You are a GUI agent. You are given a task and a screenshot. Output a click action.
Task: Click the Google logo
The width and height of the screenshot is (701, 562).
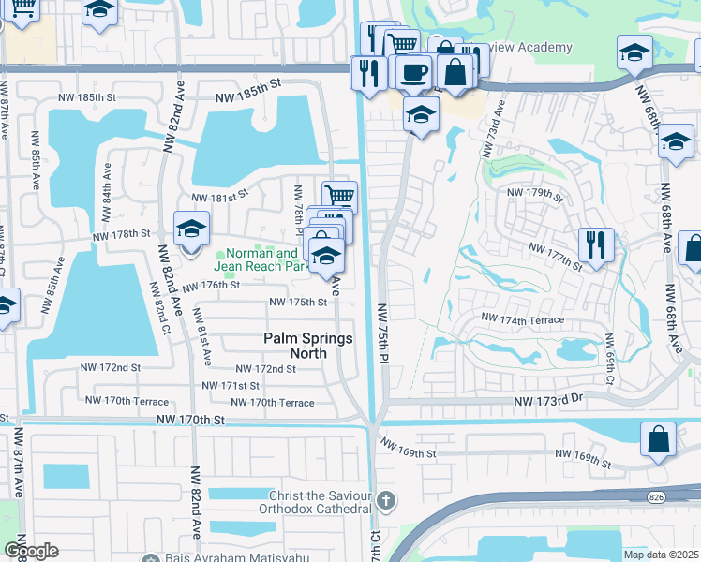click(x=31, y=551)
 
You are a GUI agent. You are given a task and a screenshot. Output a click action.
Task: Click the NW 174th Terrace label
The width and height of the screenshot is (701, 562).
click(x=522, y=319)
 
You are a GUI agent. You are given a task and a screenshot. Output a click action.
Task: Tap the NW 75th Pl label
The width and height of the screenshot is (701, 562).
click(x=383, y=333)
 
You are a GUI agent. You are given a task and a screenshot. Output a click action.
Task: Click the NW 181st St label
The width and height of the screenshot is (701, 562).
click(x=219, y=198)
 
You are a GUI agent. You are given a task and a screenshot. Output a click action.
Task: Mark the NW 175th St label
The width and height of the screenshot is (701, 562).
click(x=298, y=302)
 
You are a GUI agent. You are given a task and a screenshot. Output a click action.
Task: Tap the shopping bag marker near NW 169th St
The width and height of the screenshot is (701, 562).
click(x=659, y=439)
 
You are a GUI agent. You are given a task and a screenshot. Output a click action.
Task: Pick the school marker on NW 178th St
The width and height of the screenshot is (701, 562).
click(x=190, y=229)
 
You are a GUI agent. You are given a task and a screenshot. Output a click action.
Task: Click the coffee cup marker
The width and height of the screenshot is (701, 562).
click(x=413, y=72)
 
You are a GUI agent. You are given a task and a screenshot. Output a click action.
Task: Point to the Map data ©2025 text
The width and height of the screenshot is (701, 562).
click(x=659, y=555)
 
